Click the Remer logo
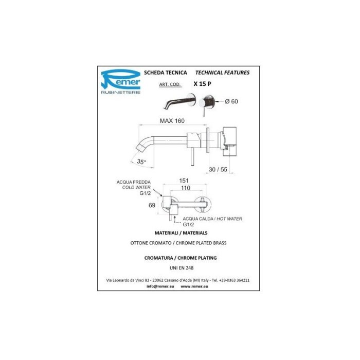tap(121, 81)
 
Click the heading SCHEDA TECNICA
tap(166, 73)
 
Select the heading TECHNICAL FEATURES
tap(222, 73)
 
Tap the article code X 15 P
tap(202, 84)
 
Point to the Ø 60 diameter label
tap(231, 101)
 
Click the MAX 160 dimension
tap(172, 121)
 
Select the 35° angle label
tap(141, 161)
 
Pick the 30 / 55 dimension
tap(218, 169)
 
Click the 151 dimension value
tap(184, 181)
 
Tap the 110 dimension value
tap(186, 188)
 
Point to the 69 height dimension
tap(152, 205)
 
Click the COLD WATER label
tap(136, 187)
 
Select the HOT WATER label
tap(229, 219)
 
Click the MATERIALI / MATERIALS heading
tap(181, 233)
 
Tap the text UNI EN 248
tap(182, 268)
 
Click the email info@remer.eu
tap(160, 286)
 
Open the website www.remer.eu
tap(194, 286)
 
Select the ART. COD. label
tap(170, 84)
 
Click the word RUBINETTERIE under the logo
tap(121, 92)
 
